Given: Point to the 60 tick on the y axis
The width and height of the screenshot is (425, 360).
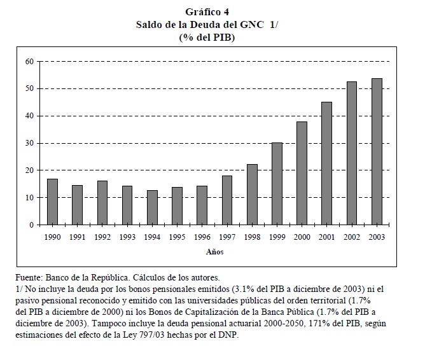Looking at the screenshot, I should coord(29,61).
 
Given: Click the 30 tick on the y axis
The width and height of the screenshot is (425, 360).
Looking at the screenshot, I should coord(29,143).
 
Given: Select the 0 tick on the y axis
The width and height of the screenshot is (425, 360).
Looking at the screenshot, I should coord(31,225).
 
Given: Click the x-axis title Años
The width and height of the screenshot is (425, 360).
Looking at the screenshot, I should coord(214,252).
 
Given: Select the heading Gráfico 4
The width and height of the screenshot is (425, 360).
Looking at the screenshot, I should coord(212,13).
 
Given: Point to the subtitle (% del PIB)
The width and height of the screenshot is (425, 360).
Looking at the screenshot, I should coord(212,38).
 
